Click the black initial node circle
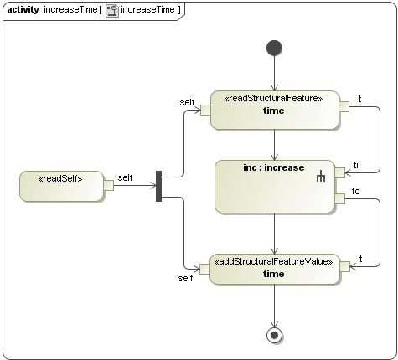click(274, 48)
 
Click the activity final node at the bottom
click(274, 335)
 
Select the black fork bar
click(158, 186)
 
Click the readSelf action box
click(59, 186)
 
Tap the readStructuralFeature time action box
click(274, 110)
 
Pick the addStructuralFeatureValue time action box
click(274, 268)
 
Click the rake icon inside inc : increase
click(320, 177)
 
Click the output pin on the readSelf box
click(108, 186)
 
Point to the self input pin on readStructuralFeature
click(204, 111)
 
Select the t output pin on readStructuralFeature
click(343, 106)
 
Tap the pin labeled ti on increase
click(339, 172)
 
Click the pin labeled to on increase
click(339, 198)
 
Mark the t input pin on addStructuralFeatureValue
click(343, 266)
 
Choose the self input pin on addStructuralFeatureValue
click(204, 268)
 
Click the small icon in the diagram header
click(111, 9)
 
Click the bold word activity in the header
click(23, 9)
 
